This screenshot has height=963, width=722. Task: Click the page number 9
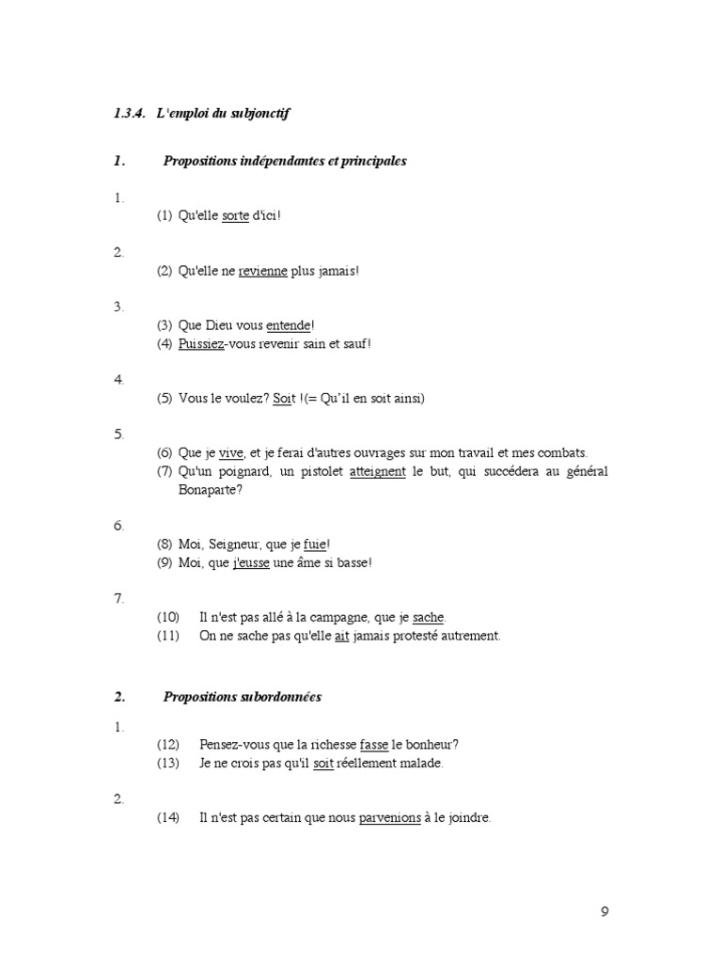tap(604, 911)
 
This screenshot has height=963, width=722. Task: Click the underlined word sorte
tap(235, 216)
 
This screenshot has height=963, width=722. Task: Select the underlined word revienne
tap(262, 271)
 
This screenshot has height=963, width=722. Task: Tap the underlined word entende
tap(289, 325)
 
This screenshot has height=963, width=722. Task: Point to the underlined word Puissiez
tap(201, 344)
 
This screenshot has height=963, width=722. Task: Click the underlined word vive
tap(231, 453)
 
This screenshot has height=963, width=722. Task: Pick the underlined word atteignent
tap(378, 472)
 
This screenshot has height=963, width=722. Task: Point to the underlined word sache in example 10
tap(428, 618)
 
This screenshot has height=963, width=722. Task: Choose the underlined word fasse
tap(373, 745)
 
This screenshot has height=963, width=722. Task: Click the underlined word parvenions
tap(389, 818)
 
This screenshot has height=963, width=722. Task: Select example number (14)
tap(168, 818)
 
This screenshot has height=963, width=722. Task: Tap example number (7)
tap(165, 472)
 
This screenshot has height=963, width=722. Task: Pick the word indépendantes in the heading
tap(282, 161)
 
